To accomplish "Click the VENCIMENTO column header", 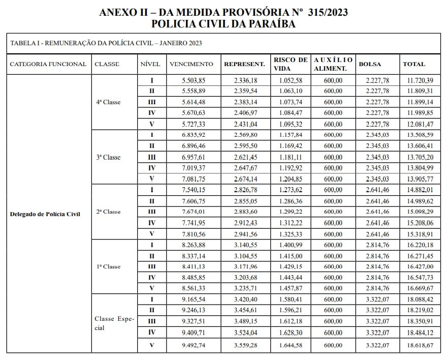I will point(191,64).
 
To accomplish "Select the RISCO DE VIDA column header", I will point(291,64).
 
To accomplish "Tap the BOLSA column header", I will point(370,64).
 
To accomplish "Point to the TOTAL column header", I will point(414,64).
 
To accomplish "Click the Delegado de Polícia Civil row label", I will point(45,214).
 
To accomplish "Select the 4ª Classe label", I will point(108,102).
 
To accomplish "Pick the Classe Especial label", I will point(114,323).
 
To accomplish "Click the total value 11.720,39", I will point(420,80).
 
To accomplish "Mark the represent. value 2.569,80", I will point(246,135).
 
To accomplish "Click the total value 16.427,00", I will point(420,266).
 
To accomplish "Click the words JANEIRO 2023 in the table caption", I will point(181,43).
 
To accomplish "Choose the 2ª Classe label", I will point(108,212).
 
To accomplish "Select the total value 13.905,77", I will point(420,179).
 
